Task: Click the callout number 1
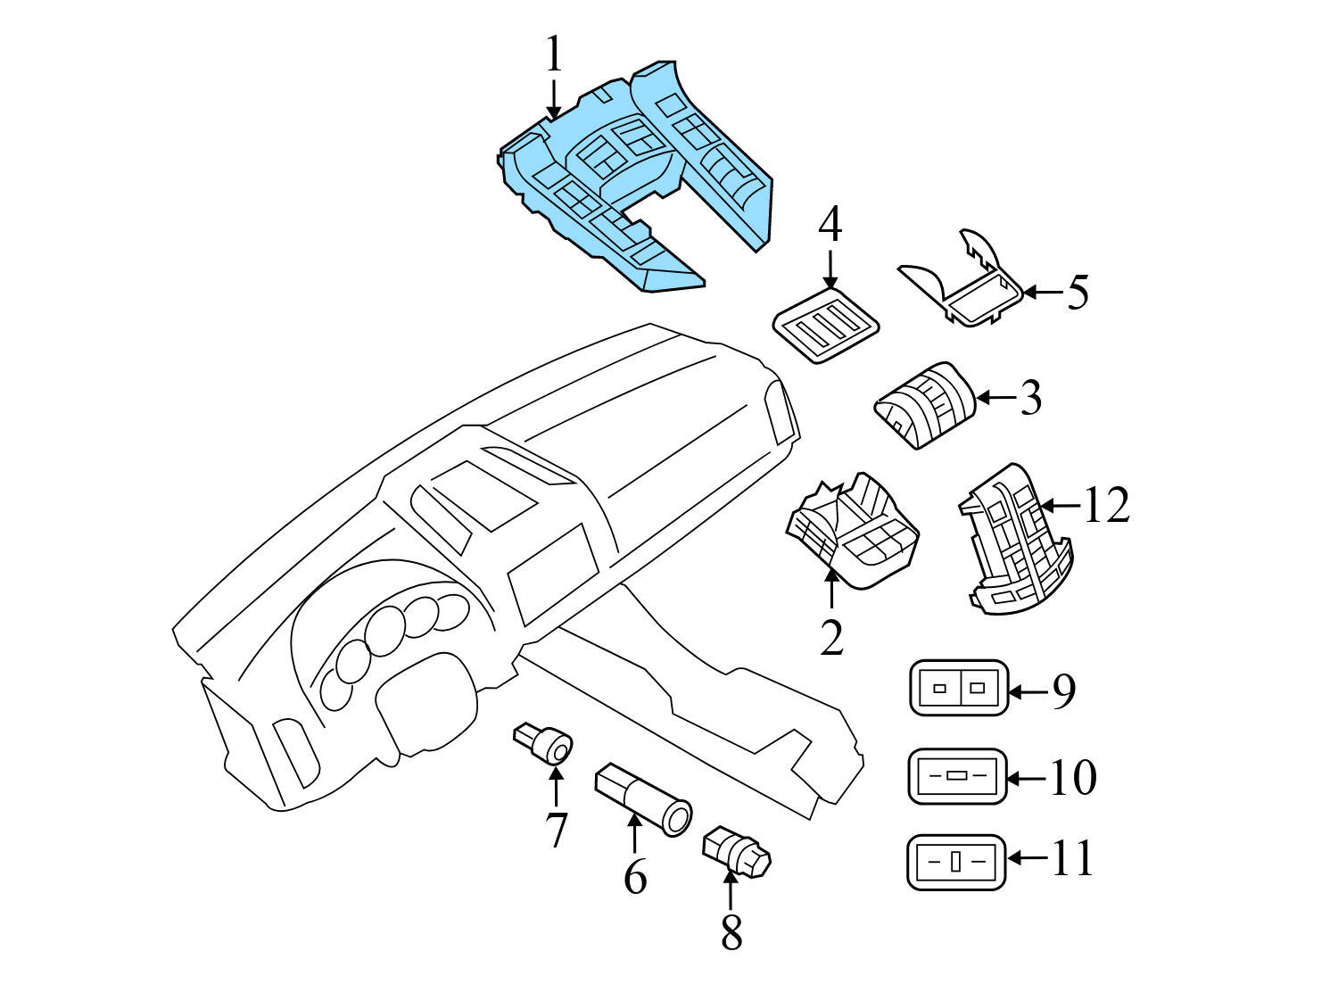[x=555, y=55]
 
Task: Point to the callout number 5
[x=1078, y=292]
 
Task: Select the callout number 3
[x=1030, y=398]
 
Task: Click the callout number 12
[x=1106, y=506]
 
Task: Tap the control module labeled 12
[x=1017, y=540]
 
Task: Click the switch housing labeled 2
[x=852, y=531]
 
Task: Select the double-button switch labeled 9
[x=958, y=688]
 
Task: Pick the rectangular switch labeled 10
[x=956, y=775]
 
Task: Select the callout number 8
[x=731, y=933]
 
